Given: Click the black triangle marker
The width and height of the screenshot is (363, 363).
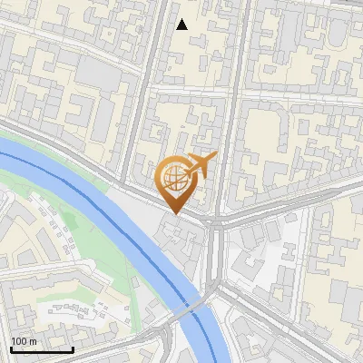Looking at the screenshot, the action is (x=181, y=25).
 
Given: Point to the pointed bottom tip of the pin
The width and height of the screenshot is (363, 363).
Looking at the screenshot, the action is (x=175, y=213).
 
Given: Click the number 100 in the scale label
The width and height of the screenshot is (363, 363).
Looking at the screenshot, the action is (x=18, y=341).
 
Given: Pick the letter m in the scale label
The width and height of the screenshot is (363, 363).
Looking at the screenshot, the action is (x=33, y=341).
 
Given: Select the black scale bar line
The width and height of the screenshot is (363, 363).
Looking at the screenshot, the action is (x=41, y=349).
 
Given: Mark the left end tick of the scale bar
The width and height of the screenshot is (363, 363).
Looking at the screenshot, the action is (x=11, y=348).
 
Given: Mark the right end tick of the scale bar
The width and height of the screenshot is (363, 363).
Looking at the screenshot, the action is (x=73, y=348).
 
